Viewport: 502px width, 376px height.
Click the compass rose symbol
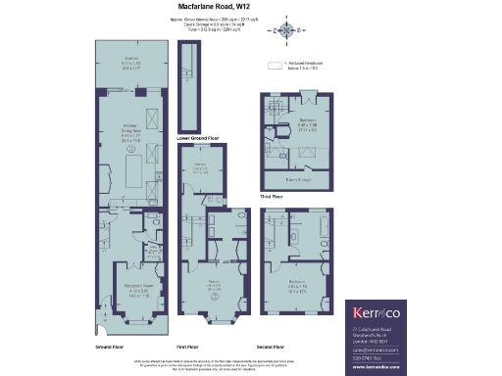(287, 28)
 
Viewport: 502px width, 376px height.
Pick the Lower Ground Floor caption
(195, 139)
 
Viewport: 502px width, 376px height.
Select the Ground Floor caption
(108, 347)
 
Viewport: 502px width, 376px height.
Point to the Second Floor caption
(271, 347)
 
